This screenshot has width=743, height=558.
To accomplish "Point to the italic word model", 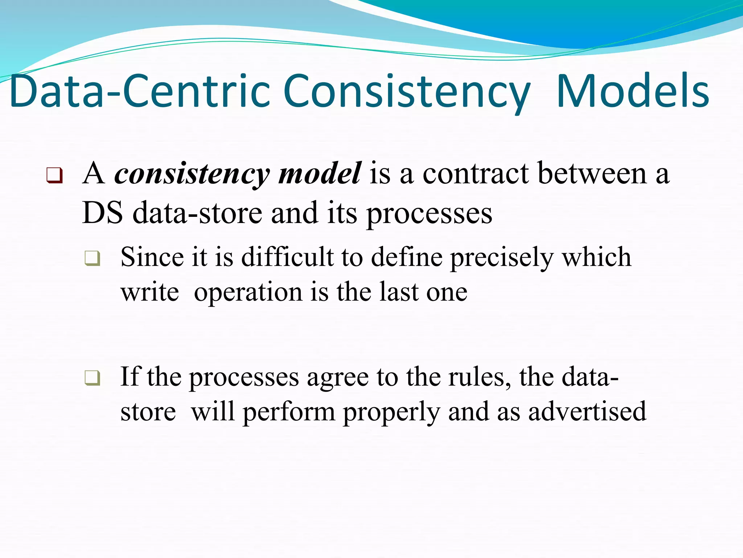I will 319,174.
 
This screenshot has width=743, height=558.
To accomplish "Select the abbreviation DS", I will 103,213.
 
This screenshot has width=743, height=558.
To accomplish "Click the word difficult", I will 287,257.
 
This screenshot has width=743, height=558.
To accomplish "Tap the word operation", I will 248,292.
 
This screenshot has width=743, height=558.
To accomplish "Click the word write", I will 150,292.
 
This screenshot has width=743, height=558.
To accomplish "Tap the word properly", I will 391,413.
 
